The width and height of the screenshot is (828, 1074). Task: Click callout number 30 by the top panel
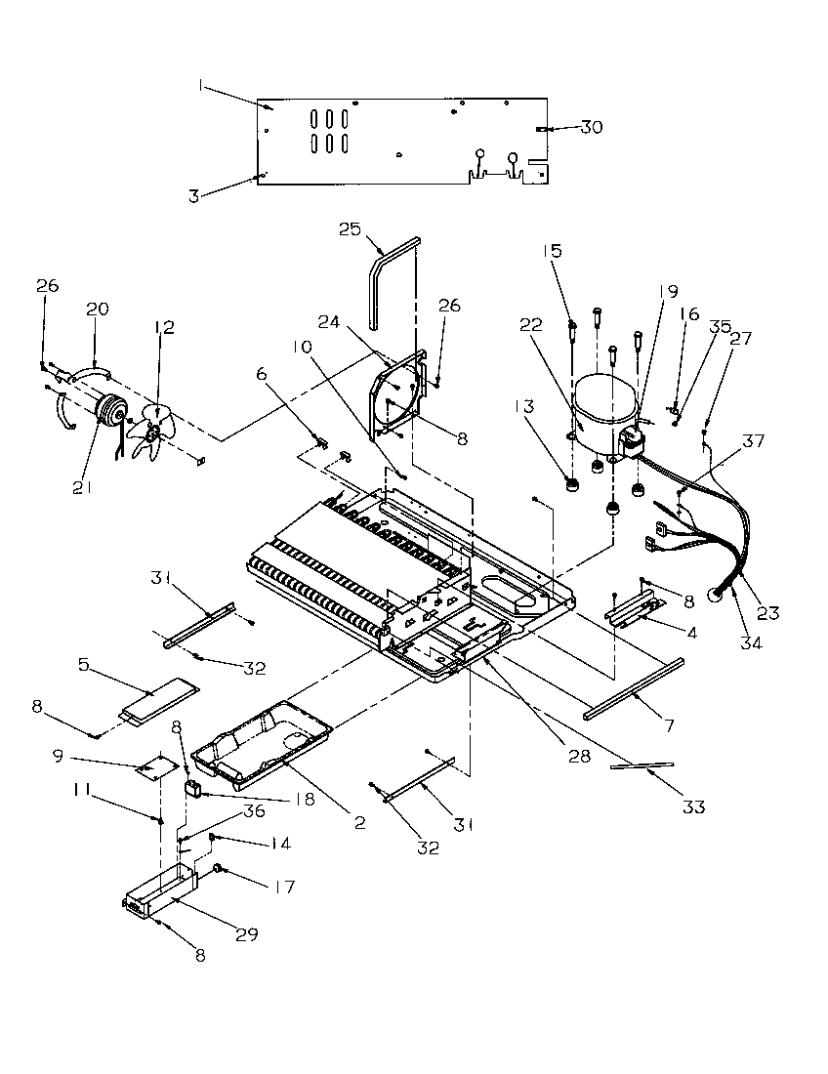tap(592, 127)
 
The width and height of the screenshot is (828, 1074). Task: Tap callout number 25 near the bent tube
tap(349, 229)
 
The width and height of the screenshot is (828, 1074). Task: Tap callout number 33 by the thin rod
tap(693, 806)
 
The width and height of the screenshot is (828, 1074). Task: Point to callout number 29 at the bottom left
tap(246, 934)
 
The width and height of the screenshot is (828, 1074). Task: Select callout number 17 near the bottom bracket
tap(258, 888)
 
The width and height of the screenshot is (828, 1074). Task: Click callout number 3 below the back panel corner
tap(193, 196)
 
